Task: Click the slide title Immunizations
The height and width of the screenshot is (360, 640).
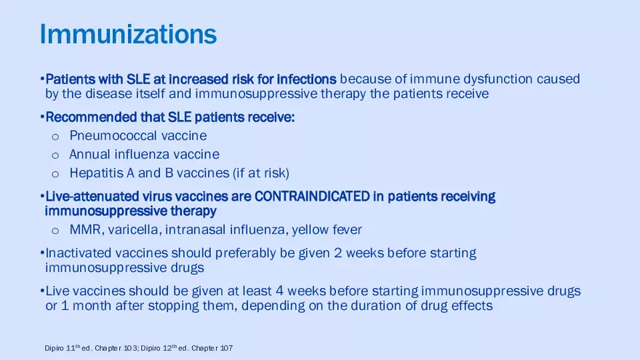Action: pos(128,34)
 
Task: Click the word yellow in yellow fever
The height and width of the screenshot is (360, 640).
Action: pos(310,230)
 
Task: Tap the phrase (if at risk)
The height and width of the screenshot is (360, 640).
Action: pos(261,173)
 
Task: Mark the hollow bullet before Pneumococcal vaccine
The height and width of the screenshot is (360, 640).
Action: pos(55,136)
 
